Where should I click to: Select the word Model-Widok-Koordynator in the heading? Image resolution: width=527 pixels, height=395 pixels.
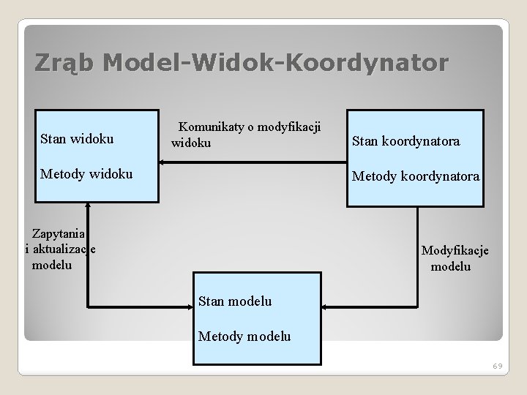(x=274, y=64)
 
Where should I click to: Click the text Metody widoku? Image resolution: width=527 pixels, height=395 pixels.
(x=86, y=174)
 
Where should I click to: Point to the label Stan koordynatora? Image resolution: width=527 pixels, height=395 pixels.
(x=406, y=141)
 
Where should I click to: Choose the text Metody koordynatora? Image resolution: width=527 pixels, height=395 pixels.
(x=416, y=176)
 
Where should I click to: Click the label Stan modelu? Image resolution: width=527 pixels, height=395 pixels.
(x=235, y=301)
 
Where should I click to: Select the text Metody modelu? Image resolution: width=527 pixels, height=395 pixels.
(x=244, y=336)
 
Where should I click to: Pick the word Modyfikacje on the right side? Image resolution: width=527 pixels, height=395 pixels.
(x=455, y=251)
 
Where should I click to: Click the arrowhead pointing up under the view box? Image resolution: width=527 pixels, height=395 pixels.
(x=88, y=206)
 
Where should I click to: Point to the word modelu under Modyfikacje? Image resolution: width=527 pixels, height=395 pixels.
(x=451, y=266)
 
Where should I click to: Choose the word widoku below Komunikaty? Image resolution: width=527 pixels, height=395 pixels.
(x=191, y=142)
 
